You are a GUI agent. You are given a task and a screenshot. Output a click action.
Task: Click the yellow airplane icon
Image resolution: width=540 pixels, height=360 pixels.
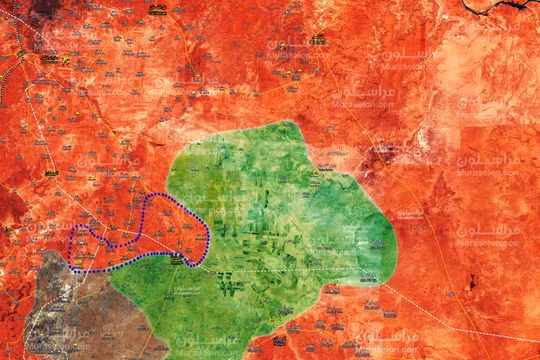pos(65,60)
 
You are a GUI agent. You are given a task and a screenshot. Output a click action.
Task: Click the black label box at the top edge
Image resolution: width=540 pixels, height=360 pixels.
pos(157,10)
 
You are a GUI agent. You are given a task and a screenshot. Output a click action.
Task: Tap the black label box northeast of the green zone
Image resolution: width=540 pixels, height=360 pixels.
pos(318,40)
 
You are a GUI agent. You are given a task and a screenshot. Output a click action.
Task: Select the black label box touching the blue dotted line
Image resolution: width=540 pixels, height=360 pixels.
pos(177,259)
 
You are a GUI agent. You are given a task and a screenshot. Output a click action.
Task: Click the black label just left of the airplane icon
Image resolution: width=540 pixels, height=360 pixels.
pos(49,59)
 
